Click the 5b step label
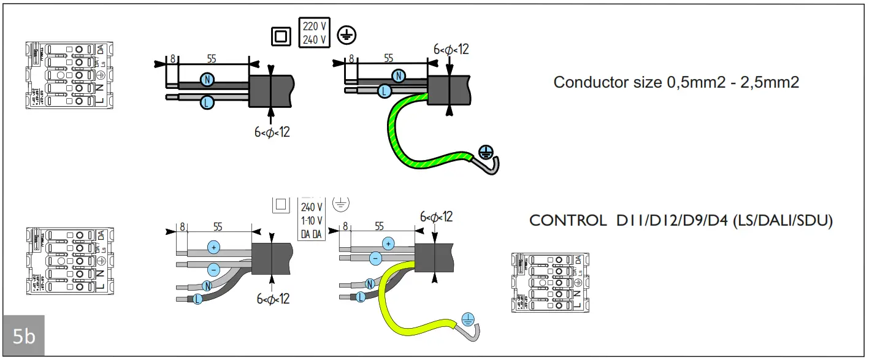pos(24,336)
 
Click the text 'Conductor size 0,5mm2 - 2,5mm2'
pos(676,82)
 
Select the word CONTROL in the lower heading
pos(567,221)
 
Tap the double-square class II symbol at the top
pos(281,36)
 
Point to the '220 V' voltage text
pos(315,27)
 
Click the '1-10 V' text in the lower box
pos(312,221)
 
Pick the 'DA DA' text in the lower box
pos(312,234)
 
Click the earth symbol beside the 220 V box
pos(346,36)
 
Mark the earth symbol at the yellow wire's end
pos(468,318)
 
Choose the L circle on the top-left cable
pos(207,103)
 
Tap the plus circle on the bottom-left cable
pos(213,247)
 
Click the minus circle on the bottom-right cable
pos(375,259)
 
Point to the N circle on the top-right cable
pos(399,75)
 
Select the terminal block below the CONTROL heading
pos(550,282)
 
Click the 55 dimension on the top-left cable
pos(211,59)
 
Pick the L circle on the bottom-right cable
pos(361,297)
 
